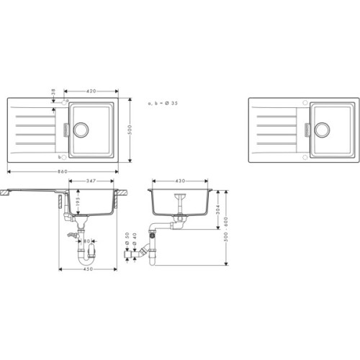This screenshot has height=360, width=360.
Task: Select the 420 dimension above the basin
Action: click(91, 91)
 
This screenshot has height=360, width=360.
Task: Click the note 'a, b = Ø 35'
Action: click(163, 104)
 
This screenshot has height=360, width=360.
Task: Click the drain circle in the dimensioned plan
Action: click(80, 130)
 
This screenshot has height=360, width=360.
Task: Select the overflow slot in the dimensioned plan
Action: click(66, 130)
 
